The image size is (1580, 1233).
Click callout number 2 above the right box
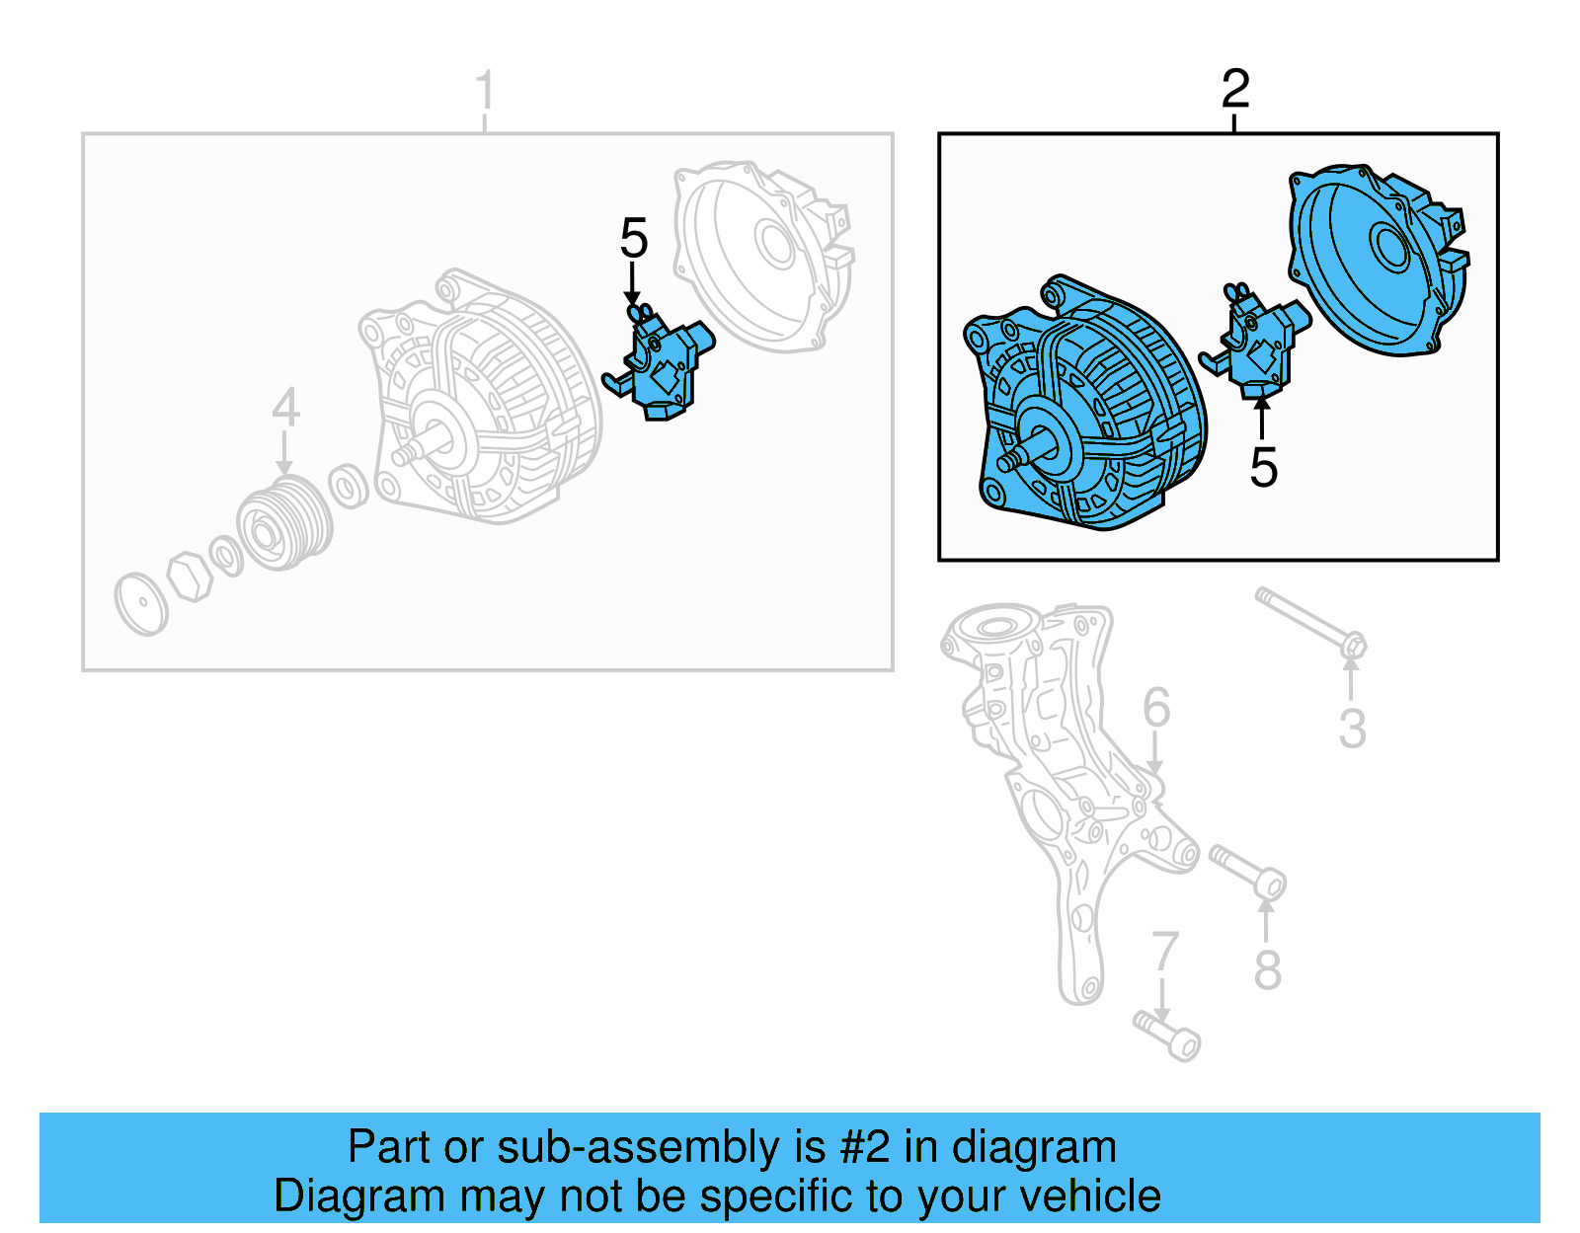point(1234,89)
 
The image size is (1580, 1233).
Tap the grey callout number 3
point(1352,729)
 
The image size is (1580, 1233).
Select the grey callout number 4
point(285,407)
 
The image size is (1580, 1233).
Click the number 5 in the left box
point(633,239)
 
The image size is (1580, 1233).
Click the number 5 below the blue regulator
point(1263,468)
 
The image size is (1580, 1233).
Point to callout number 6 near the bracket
point(1155,708)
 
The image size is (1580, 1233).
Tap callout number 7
point(1165,952)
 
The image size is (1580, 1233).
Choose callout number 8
point(1268,970)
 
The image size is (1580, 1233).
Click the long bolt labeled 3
point(1308,619)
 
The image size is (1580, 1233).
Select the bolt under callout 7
point(1167,1035)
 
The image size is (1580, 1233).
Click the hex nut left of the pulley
point(190,577)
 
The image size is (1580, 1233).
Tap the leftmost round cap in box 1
point(140,603)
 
